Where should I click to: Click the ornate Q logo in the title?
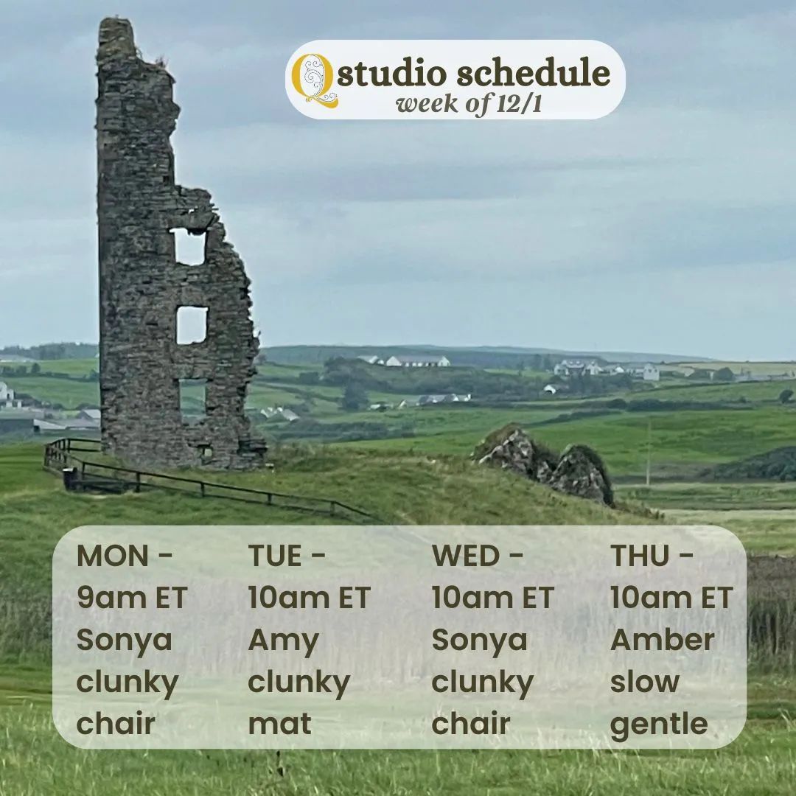pyautogui.click(x=314, y=80)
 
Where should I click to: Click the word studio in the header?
pyautogui.click(x=393, y=74)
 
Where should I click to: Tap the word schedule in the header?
pyautogui.click(x=533, y=72)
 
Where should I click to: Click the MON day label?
pyautogui.click(x=112, y=556)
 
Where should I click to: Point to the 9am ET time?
pyautogui.click(x=132, y=598)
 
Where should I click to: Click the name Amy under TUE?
pyautogui.click(x=283, y=641)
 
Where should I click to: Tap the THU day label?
pyautogui.click(x=640, y=556)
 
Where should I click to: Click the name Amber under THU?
pyautogui.click(x=663, y=640)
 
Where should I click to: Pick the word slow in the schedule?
pyautogui.click(x=645, y=682)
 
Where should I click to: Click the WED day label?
pyautogui.click(x=466, y=556)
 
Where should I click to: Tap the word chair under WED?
pyautogui.click(x=470, y=724)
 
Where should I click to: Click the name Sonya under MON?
pyautogui.click(x=124, y=641)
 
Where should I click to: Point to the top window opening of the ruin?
pyautogui.click(x=189, y=247)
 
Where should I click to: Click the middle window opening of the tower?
pyautogui.click(x=192, y=325)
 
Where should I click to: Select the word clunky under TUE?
pyautogui.click(x=299, y=683)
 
